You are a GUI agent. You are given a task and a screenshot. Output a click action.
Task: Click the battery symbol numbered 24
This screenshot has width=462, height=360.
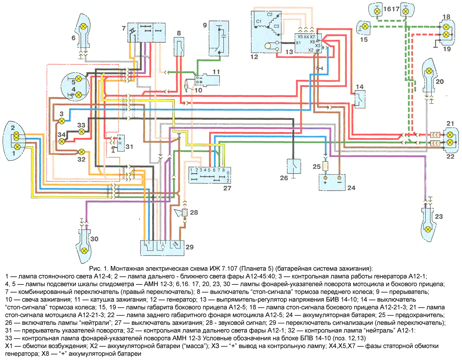(332, 182)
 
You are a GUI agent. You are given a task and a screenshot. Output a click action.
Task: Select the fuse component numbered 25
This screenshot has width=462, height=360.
(325, 166)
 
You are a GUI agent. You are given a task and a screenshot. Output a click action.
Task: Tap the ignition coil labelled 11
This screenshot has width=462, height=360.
(208, 80)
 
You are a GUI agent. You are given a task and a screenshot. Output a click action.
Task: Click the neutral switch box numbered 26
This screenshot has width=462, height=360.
(294, 166)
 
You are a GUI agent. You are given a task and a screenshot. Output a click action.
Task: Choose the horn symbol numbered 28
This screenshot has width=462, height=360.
(182, 212)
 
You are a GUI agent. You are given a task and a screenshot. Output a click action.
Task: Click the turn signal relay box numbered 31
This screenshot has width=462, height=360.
(121, 143)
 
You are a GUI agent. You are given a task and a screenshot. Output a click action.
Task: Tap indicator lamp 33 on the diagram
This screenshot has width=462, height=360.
(81, 132)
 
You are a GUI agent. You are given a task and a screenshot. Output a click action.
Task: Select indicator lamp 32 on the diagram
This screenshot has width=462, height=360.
(81, 152)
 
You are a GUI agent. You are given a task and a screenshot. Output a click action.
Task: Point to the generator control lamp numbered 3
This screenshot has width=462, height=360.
(62, 121)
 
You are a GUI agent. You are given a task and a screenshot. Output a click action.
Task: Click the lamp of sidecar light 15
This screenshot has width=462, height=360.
(365, 27)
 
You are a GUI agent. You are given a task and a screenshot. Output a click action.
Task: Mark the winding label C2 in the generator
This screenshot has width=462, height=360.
(269, 14)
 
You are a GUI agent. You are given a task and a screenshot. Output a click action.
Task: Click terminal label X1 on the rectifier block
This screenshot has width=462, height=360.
(298, 43)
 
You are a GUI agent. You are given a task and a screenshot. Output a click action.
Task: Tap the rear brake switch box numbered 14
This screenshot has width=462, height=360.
(360, 99)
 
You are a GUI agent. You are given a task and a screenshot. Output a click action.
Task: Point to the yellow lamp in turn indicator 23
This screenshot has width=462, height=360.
(428, 229)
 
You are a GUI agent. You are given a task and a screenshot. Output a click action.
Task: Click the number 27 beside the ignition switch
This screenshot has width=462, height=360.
(227, 188)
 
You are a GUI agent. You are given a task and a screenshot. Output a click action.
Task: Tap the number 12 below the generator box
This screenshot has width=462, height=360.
(254, 57)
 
